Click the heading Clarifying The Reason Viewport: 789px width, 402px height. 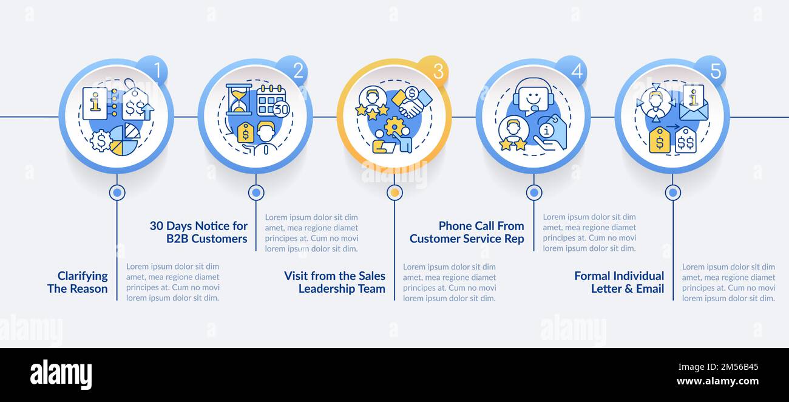pos(78,282)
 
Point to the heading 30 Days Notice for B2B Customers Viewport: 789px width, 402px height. pos(198,232)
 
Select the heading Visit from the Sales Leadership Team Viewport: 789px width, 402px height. pos(334,282)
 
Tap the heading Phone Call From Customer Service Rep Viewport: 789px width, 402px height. pos(467,232)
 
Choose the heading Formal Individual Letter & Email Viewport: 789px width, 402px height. pos(619,282)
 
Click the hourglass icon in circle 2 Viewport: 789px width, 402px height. pos(239,100)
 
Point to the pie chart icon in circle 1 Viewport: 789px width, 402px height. pos(124,139)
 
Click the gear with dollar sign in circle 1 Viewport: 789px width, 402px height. pos(100,141)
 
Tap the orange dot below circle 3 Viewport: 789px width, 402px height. pos(394,192)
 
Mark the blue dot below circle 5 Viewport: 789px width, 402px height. pos(672,192)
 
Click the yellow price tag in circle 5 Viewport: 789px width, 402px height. pos(659,140)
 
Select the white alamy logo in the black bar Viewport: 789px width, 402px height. pos(61,375)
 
